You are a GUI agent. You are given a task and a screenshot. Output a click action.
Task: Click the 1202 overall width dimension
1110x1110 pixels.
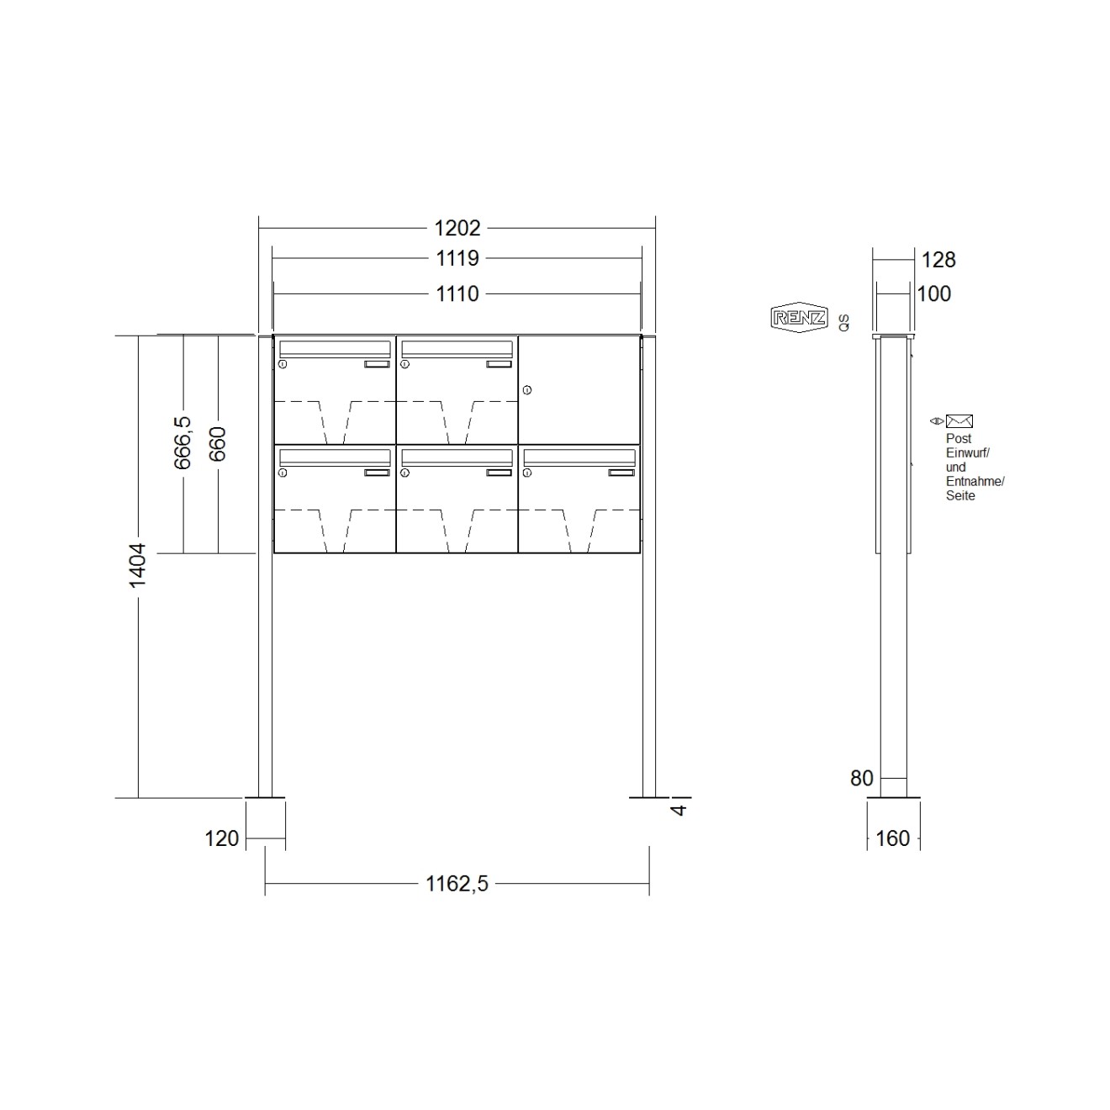[x=457, y=228]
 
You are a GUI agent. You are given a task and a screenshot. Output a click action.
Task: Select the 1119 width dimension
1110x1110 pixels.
[x=457, y=258]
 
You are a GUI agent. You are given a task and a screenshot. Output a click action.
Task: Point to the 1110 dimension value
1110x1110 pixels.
[x=457, y=293]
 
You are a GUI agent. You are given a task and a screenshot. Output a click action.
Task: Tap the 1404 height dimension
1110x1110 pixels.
[x=137, y=565]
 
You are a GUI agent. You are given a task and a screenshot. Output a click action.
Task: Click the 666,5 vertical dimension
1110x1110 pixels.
[x=182, y=442]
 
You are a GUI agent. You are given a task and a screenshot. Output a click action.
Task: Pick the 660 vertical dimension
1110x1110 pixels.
[x=218, y=444]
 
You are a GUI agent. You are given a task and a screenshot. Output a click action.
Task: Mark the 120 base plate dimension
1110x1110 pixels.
[x=222, y=838]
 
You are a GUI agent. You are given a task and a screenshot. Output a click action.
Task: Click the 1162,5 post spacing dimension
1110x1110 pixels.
[x=457, y=884]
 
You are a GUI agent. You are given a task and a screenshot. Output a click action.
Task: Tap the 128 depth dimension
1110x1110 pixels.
[x=938, y=260]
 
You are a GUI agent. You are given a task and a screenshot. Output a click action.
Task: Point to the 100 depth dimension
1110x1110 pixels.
[x=933, y=293]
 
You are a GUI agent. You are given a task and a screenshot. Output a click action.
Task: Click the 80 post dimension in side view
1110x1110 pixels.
[x=862, y=779]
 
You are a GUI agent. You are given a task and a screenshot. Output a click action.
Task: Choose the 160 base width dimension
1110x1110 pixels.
[x=893, y=838]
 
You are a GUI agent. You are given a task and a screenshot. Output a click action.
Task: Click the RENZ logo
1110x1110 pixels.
[x=799, y=318]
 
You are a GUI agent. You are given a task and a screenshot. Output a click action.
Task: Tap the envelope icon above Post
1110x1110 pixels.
[x=959, y=421]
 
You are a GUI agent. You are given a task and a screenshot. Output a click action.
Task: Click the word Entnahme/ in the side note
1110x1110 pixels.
[x=975, y=482]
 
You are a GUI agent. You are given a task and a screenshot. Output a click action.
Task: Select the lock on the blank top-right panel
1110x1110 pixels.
[x=527, y=390]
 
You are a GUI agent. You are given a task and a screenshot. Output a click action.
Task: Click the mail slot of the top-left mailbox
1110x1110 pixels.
[x=334, y=348]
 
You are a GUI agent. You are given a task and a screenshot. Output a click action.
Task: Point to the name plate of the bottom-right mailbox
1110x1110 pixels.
[x=622, y=473]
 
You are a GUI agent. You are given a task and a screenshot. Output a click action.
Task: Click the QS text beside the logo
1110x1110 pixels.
[x=843, y=321]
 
